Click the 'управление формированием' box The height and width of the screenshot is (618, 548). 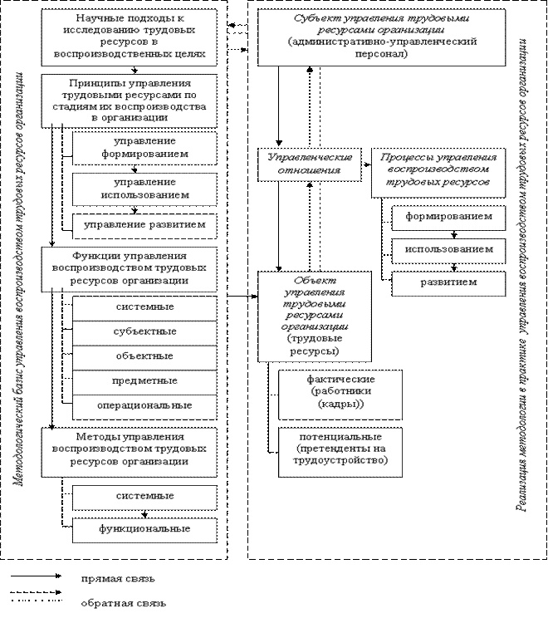[144, 148]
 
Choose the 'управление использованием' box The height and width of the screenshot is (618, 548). [144, 189]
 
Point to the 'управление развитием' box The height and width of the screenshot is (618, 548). [144, 224]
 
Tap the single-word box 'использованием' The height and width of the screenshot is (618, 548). [448, 249]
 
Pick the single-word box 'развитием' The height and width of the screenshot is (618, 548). [448, 282]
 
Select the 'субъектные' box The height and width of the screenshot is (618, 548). [144, 331]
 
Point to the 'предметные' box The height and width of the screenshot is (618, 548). [144, 380]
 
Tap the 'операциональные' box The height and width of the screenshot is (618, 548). [144, 405]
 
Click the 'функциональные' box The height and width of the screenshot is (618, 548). [144, 528]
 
